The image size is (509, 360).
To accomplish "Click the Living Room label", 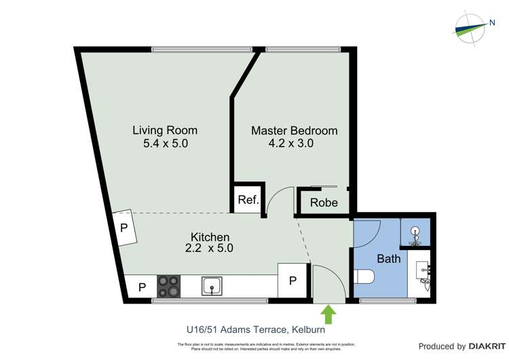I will (x=164, y=130).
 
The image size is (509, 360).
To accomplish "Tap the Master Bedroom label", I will (x=294, y=130).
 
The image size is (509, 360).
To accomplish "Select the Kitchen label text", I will (x=209, y=236).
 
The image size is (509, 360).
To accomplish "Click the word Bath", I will (x=389, y=259).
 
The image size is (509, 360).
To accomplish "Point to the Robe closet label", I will (x=324, y=202).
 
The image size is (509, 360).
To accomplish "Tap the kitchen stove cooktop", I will (x=169, y=285).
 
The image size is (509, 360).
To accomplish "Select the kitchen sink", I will (x=212, y=286).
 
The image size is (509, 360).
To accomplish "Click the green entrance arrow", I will (x=328, y=314).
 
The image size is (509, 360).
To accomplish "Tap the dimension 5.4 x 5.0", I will (x=164, y=143).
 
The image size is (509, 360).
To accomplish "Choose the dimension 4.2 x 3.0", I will (x=294, y=143).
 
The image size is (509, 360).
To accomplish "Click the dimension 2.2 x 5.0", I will (x=209, y=249).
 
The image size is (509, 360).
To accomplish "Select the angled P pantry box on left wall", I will (x=124, y=228).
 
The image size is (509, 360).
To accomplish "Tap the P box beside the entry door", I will (x=293, y=281).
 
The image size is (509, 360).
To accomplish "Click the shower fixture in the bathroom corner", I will (x=415, y=234).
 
